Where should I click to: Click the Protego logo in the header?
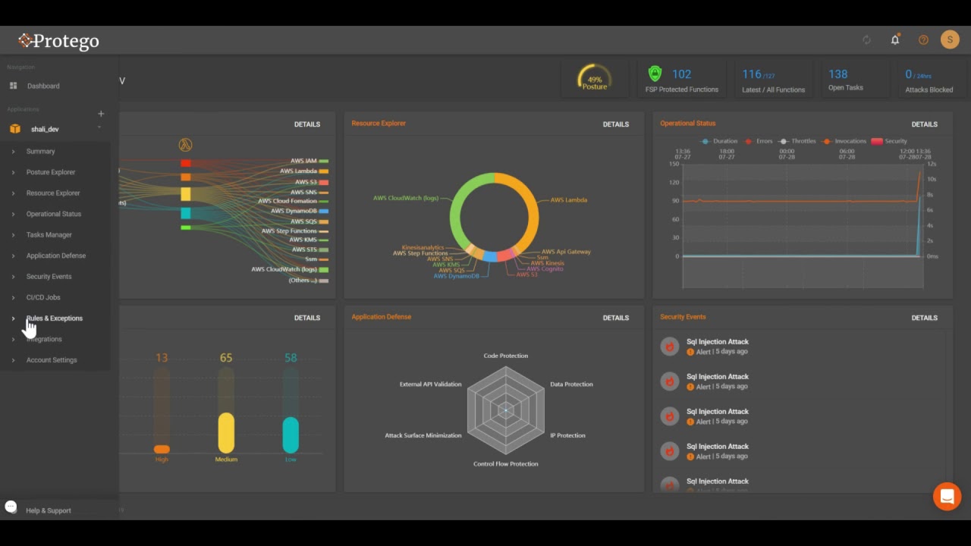[x=59, y=41]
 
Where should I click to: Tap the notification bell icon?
[x=895, y=40]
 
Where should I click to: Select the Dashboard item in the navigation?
[x=43, y=86]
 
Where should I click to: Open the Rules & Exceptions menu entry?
[x=55, y=318]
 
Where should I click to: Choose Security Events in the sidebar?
[x=49, y=277]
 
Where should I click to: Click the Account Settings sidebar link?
[x=52, y=360]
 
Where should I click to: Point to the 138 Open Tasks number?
[x=838, y=74]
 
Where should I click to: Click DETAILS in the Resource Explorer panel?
[x=615, y=124]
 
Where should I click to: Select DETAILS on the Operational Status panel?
[x=924, y=124]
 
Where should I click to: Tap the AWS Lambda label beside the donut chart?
[x=568, y=200]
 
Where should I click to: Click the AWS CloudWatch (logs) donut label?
[x=406, y=199]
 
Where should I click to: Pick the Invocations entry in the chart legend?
[x=850, y=141]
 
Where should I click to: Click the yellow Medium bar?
[x=226, y=432]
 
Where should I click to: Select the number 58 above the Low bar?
[x=291, y=358]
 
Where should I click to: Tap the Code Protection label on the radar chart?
[x=505, y=356]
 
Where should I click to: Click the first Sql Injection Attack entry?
[x=717, y=342]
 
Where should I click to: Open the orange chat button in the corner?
[x=947, y=497]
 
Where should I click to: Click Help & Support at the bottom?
[x=48, y=510]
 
